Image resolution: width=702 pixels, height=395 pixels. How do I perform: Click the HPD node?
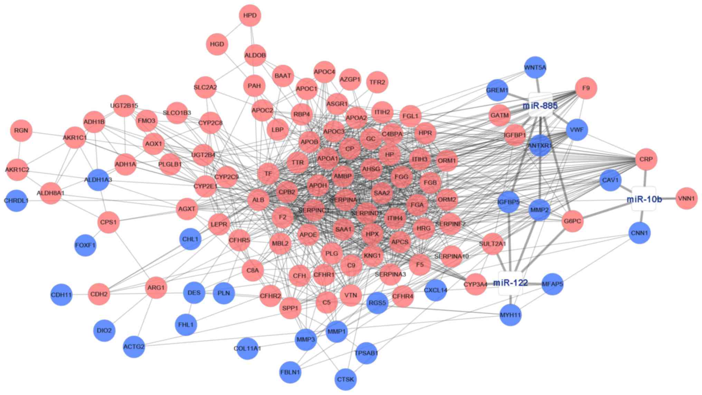tap(250, 16)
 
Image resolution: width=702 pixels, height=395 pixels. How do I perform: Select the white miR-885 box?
tap(540, 105)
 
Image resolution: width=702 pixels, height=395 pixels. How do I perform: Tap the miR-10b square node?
tap(644, 199)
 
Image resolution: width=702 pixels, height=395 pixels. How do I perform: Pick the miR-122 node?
tap(510, 283)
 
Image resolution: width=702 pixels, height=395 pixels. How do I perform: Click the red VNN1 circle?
tap(686, 198)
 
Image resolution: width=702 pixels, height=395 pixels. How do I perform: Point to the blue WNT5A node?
tap(535, 67)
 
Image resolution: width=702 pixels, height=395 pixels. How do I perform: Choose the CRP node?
tap(646, 159)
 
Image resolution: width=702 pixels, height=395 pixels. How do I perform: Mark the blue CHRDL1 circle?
tap(16, 200)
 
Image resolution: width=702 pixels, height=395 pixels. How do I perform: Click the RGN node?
tap(21, 131)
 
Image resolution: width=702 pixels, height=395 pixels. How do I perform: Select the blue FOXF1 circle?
tap(85, 245)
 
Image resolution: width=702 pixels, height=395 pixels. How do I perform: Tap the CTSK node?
tap(345, 379)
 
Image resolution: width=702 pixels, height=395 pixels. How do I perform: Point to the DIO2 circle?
tap(104, 330)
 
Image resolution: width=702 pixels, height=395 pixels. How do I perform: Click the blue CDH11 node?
tap(61, 295)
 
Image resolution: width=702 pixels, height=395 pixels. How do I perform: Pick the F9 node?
tap(586, 88)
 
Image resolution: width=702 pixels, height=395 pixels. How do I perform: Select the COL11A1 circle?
tap(247, 348)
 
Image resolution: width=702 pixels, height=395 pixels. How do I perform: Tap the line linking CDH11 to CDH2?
tap(80, 295)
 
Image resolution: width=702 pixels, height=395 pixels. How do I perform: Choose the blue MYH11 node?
tap(510, 315)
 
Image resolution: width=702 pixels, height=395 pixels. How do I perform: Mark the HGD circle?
tap(217, 44)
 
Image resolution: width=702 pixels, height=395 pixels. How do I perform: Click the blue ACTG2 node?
tap(134, 346)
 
